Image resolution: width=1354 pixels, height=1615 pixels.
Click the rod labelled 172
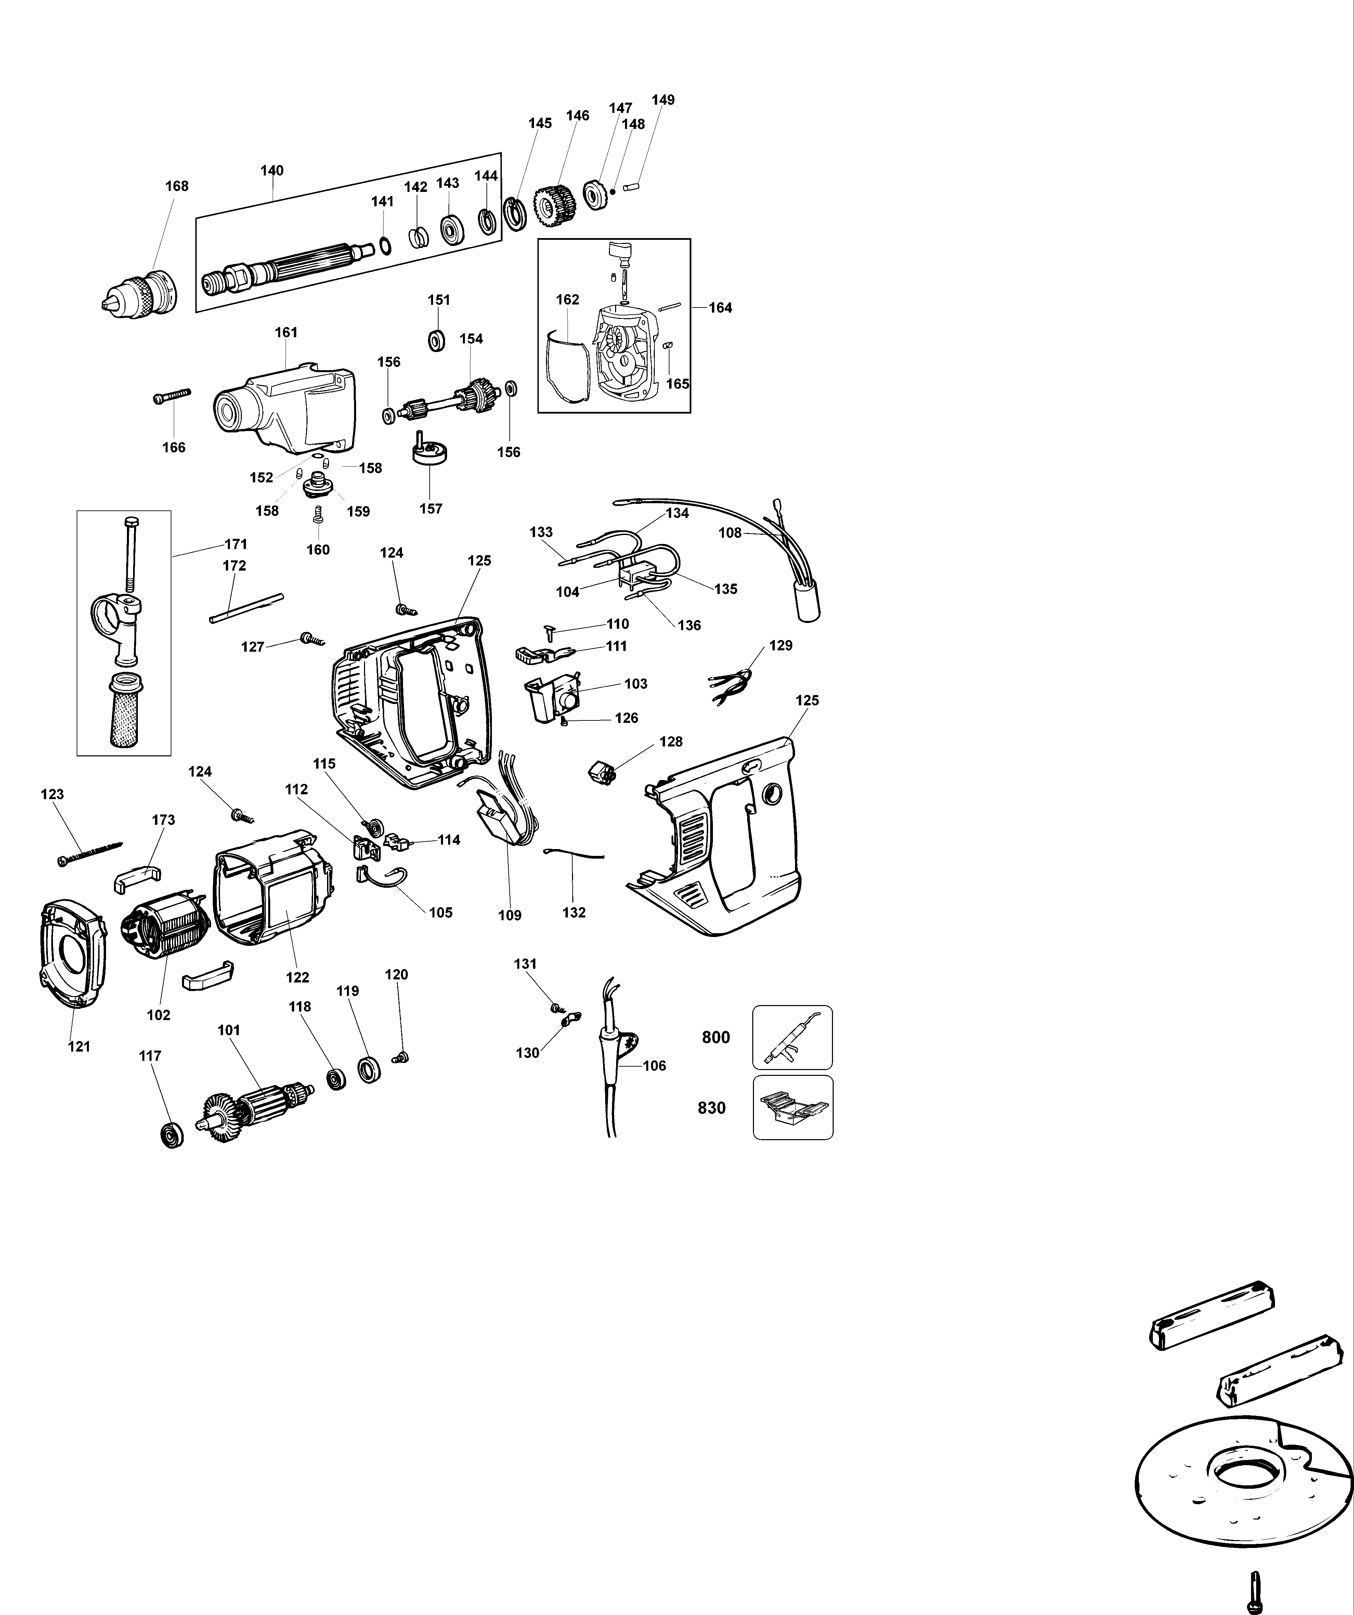pos(246,608)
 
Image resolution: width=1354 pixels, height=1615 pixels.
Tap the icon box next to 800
pos(792,1038)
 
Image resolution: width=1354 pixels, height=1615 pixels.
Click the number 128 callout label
pos(671,741)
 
